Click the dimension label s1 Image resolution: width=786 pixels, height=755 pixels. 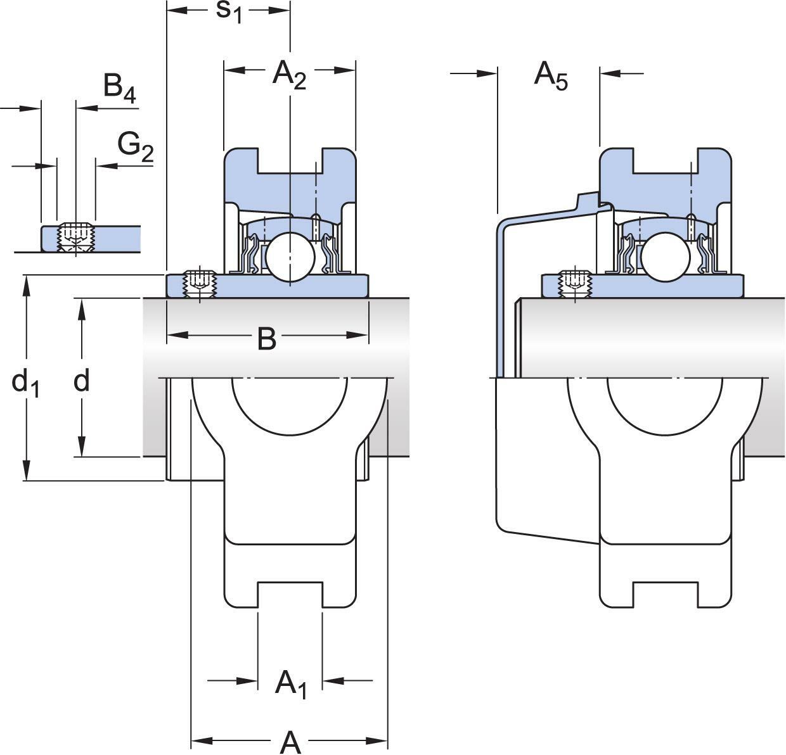[229, 12]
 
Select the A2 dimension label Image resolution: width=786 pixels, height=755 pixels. [289, 75]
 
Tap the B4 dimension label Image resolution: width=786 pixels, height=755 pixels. [119, 88]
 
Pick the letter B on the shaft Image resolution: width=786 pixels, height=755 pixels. [267, 339]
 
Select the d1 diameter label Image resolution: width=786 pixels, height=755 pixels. [25, 383]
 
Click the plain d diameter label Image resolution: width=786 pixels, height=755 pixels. [81, 381]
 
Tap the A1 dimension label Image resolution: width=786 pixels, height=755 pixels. [291, 684]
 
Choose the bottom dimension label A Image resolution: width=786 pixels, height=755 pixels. [290, 741]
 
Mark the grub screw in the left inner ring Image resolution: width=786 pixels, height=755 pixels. [200, 283]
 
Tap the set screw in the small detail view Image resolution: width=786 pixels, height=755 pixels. [76, 236]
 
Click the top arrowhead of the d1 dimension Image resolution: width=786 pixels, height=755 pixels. [26, 285]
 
